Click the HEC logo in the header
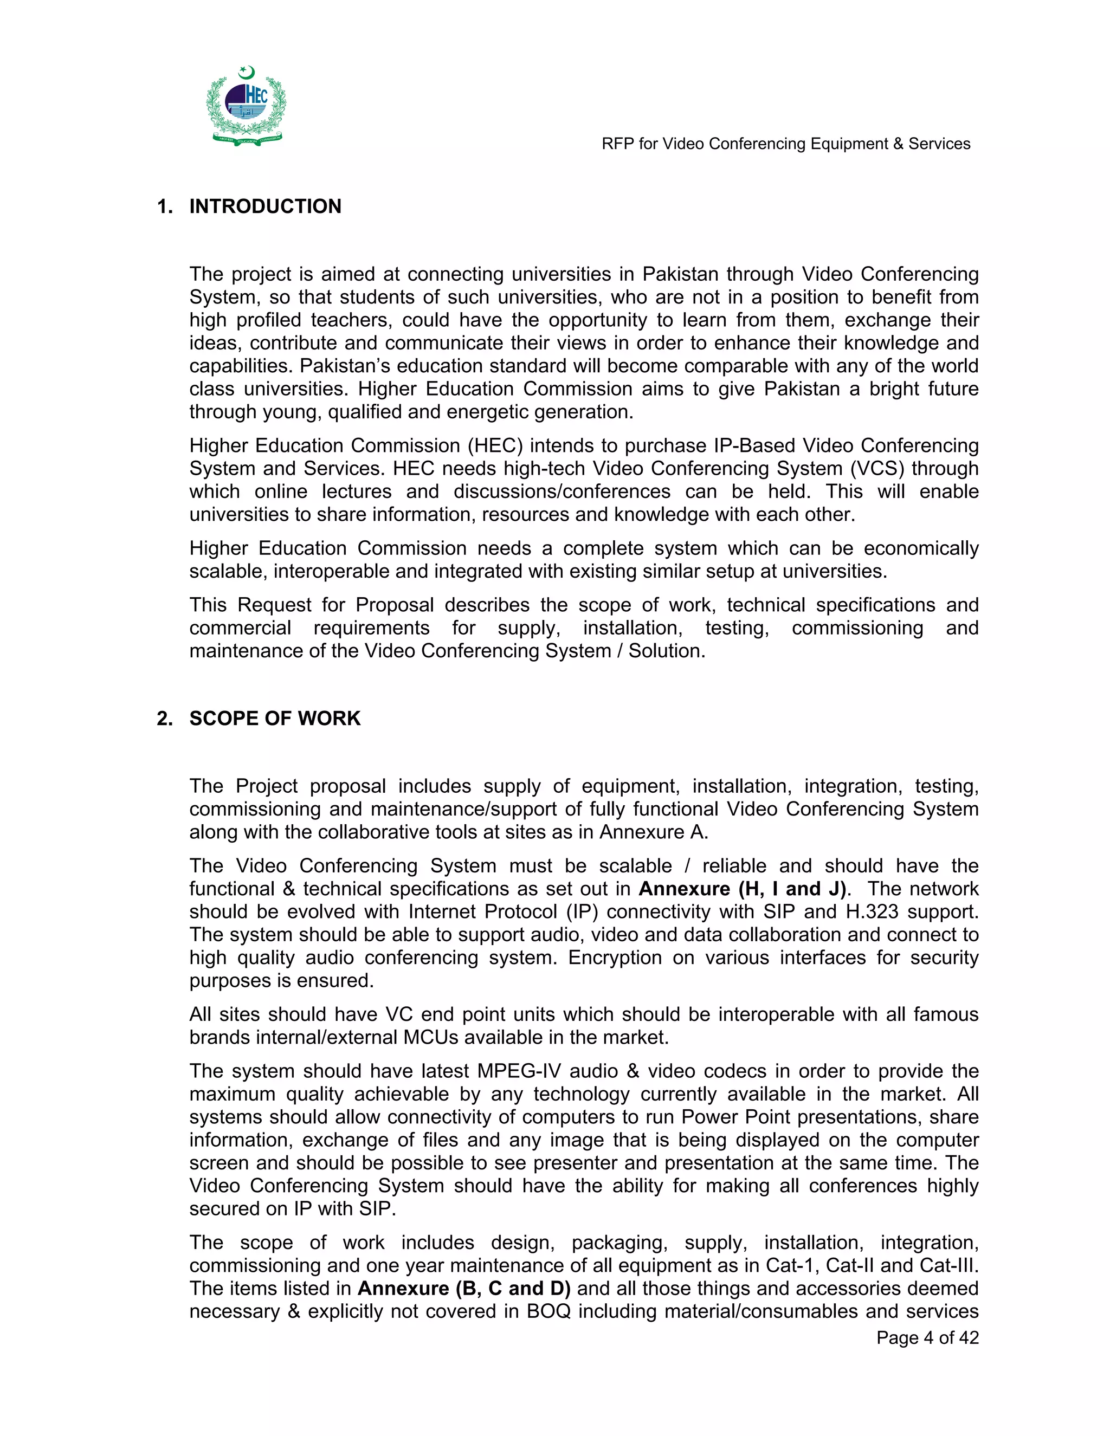[x=247, y=106]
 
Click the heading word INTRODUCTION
[x=265, y=206]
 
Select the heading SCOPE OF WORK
[x=275, y=718]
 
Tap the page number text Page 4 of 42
[x=927, y=1338]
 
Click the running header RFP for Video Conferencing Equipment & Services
[x=786, y=144]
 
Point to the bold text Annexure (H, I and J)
[x=743, y=889]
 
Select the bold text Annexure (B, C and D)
[x=463, y=1288]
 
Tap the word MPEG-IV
[x=514, y=1071]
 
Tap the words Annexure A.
[x=653, y=832]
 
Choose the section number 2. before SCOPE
[x=164, y=718]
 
